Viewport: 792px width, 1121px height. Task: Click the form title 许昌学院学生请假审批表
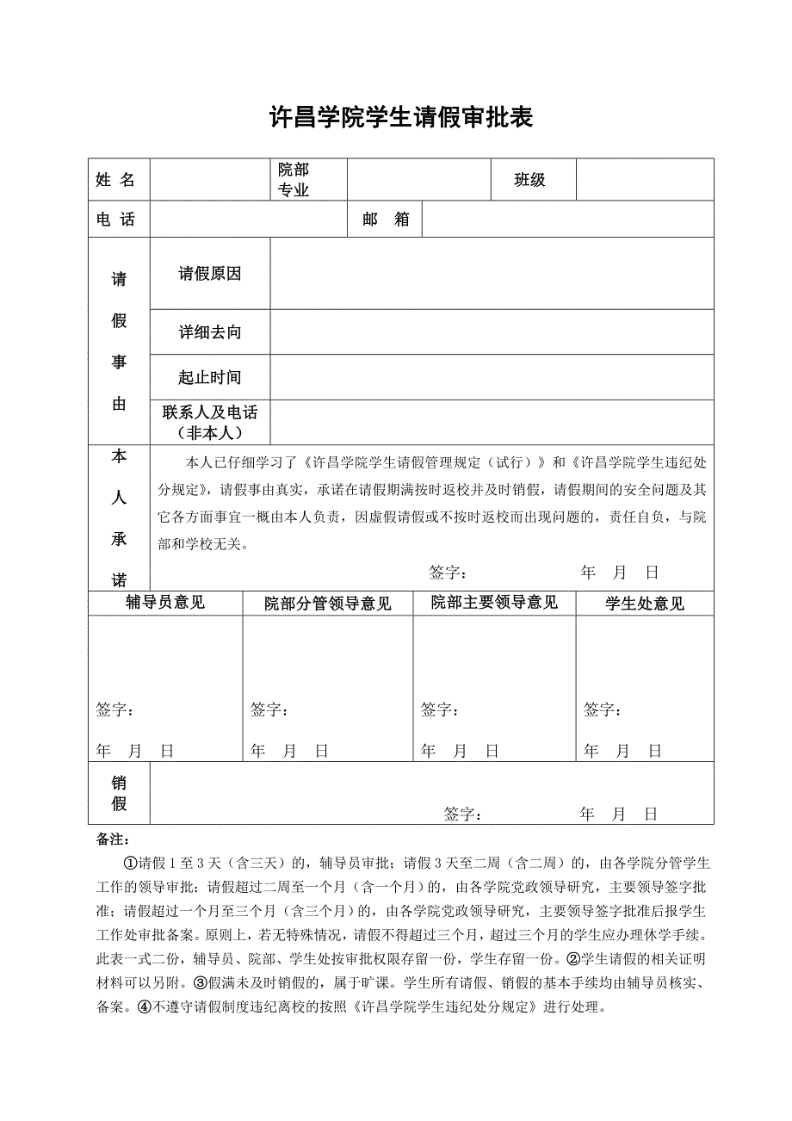(x=402, y=118)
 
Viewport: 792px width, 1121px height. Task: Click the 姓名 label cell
(x=115, y=180)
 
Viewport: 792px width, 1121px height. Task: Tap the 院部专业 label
(x=294, y=180)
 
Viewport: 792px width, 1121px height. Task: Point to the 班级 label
(x=530, y=180)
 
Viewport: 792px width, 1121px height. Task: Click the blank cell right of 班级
(x=644, y=180)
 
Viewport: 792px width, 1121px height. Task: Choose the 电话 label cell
(x=115, y=220)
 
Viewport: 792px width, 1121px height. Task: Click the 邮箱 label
(x=386, y=220)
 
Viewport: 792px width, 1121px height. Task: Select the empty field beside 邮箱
(x=567, y=220)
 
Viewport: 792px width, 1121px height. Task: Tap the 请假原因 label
(x=210, y=274)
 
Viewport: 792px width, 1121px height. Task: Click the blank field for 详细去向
(x=492, y=332)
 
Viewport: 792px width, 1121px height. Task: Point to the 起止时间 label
(x=210, y=377)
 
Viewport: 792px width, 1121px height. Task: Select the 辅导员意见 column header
(x=165, y=603)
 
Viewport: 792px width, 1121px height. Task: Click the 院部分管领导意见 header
(x=328, y=604)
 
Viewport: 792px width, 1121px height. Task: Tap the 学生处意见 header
(x=645, y=604)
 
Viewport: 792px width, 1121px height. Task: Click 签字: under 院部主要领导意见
(x=439, y=710)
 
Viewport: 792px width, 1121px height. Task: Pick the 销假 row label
(x=119, y=793)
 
